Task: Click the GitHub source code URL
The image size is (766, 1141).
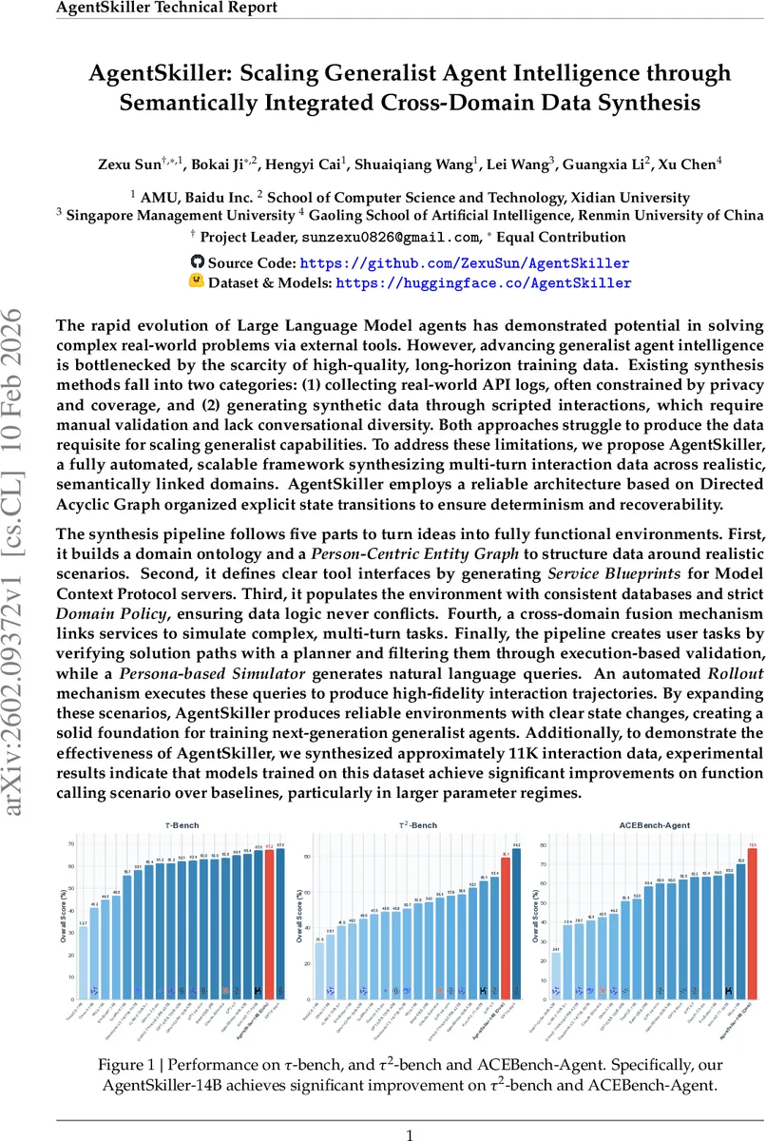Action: [x=464, y=262]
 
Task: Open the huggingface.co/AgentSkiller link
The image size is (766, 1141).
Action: [x=483, y=282]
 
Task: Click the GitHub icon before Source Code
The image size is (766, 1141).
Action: [x=198, y=261]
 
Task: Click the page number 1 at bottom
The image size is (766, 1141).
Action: [x=410, y=1134]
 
